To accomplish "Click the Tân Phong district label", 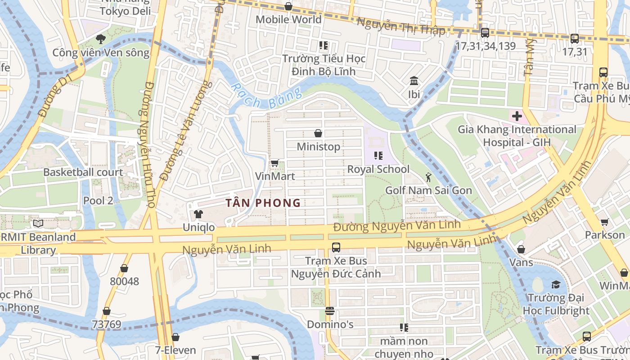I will point(263,203).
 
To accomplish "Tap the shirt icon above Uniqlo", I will point(198,214).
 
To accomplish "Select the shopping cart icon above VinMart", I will point(274,163).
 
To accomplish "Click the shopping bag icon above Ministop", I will point(318,133).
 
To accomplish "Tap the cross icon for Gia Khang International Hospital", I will point(517,117).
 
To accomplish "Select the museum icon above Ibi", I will point(414,81).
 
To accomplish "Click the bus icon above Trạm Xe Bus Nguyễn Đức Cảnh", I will point(336,247).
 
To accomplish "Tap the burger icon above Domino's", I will point(330,311).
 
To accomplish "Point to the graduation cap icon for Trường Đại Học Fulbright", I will point(556,284).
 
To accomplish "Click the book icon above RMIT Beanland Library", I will point(38,223).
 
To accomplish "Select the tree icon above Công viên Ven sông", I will point(101,39).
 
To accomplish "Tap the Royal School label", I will point(378,169).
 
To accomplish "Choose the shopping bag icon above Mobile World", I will point(288,6).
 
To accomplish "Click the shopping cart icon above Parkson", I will point(605,222).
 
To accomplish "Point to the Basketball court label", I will point(83,172).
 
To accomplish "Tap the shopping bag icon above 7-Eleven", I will point(175,337).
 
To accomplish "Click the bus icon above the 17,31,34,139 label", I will point(485,32).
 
